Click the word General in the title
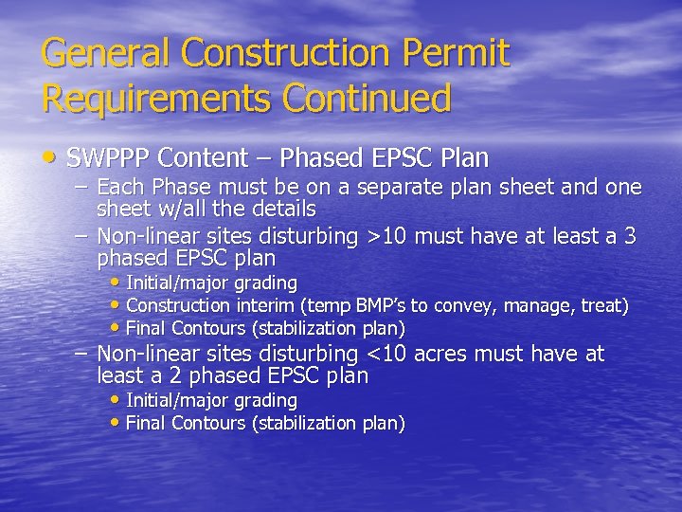(100, 54)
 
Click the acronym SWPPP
(107, 156)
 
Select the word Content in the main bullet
(202, 156)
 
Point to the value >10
(390, 237)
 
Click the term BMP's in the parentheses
(375, 306)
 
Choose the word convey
(464, 306)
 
